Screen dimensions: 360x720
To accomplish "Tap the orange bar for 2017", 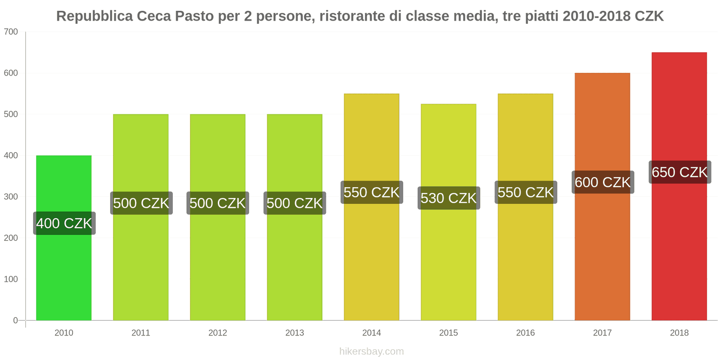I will click(602, 252).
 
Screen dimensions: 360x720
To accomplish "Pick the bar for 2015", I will click(448, 261).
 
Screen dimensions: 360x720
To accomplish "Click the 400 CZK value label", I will click(64, 223).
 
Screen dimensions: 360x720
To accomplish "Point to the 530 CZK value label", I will click(449, 198).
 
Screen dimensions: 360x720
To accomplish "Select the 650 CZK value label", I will click(679, 172).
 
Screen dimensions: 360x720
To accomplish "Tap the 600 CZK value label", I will click(603, 182).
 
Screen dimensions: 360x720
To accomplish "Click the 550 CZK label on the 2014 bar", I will click(372, 192).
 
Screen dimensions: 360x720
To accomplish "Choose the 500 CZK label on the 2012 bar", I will click(218, 203).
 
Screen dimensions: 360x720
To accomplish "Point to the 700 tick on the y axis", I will click(11, 31).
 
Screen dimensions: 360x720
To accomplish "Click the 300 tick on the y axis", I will click(11, 197).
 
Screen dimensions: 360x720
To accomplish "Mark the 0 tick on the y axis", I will click(15, 320).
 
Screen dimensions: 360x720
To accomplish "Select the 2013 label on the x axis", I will click(295, 333).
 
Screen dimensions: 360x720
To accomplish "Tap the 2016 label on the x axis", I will click(525, 333).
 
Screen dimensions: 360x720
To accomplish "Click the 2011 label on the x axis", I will click(141, 333).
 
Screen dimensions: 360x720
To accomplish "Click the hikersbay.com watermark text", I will click(372, 351).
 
